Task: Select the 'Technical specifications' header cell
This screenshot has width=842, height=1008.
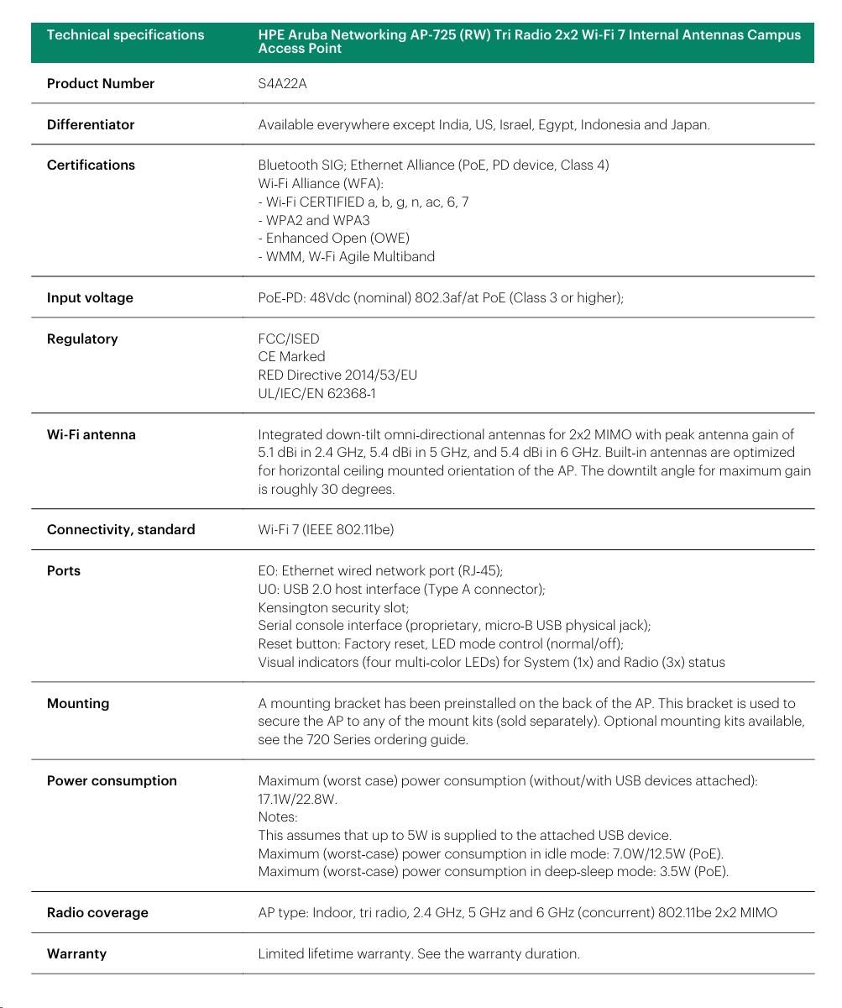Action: [x=125, y=35]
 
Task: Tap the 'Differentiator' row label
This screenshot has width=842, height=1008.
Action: [x=91, y=124]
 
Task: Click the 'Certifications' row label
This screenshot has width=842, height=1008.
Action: [x=91, y=165]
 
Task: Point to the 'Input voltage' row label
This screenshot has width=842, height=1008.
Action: [x=90, y=297]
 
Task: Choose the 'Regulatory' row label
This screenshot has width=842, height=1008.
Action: [x=82, y=339]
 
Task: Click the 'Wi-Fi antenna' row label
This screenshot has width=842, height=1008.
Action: [x=91, y=434]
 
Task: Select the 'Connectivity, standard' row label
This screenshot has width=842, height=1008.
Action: [x=121, y=529]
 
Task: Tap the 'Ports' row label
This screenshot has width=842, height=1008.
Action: [x=64, y=570]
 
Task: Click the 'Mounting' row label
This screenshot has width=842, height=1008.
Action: [x=78, y=703]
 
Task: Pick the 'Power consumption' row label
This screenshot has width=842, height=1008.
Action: [x=112, y=780]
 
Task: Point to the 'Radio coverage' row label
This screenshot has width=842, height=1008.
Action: [x=97, y=912]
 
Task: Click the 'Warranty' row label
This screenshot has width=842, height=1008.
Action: [x=76, y=953]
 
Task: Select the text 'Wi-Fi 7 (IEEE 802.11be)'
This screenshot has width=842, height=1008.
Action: [x=326, y=529]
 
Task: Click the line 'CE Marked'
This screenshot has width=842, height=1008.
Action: [x=291, y=356]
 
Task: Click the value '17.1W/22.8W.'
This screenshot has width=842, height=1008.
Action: [x=297, y=799]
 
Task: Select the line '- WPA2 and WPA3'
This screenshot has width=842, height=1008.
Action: [x=314, y=220]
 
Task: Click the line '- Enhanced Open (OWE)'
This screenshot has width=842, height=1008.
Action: [x=333, y=238]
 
